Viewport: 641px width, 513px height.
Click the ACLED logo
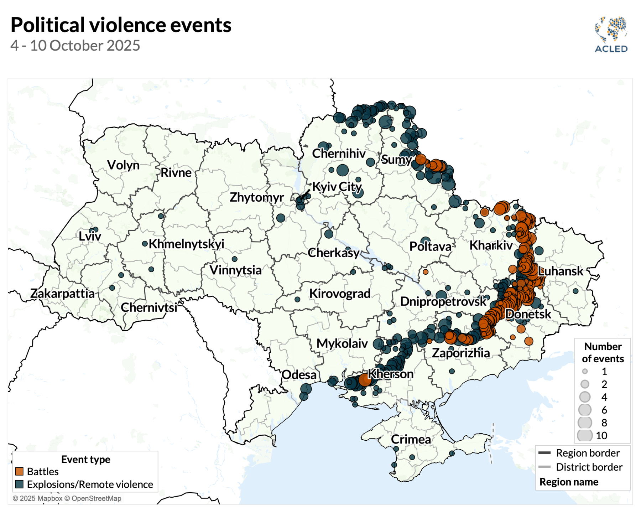tap(611, 35)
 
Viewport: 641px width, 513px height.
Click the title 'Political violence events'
tap(121, 25)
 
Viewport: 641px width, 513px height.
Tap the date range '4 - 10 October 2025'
tap(75, 46)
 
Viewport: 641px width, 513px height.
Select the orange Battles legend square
tap(19, 471)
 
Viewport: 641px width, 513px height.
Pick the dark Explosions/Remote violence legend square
tap(19, 484)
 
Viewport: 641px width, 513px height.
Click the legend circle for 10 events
tap(585, 435)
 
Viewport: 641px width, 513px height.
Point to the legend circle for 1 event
tap(585, 372)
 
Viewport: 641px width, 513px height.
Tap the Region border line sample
tap(544, 453)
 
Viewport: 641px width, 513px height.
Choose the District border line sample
tap(544, 467)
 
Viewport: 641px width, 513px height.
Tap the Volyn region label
tap(123, 165)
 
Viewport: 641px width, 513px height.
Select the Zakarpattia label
tap(62, 293)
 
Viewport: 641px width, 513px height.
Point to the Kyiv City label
tap(337, 186)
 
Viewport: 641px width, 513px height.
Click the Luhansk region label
tap(560, 271)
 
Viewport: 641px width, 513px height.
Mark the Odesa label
tap(299, 374)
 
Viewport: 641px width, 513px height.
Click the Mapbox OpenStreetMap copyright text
tap(67, 498)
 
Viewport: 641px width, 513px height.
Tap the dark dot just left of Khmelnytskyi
tap(145, 244)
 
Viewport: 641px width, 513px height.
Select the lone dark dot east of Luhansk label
tap(576, 291)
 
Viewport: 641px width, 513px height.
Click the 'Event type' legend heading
tap(85, 459)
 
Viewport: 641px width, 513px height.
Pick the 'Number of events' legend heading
tap(603, 352)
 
